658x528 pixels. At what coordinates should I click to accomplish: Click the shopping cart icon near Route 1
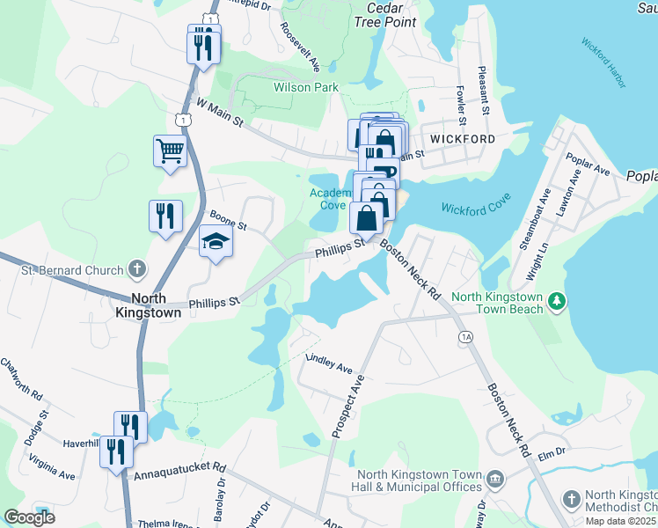click(170, 150)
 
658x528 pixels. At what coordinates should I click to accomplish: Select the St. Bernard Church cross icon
click(136, 268)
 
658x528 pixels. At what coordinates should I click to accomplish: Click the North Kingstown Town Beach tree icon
click(556, 303)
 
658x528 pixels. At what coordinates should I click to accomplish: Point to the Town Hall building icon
click(495, 480)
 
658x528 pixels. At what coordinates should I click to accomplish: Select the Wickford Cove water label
click(476, 209)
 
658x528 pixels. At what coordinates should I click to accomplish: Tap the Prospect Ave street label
click(347, 407)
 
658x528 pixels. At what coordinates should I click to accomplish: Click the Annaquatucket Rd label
click(179, 472)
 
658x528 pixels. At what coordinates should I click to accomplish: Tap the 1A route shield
click(465, 337)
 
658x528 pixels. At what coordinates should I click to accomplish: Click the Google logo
click(29, 517)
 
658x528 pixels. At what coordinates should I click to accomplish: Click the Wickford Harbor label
click(603, 63)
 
